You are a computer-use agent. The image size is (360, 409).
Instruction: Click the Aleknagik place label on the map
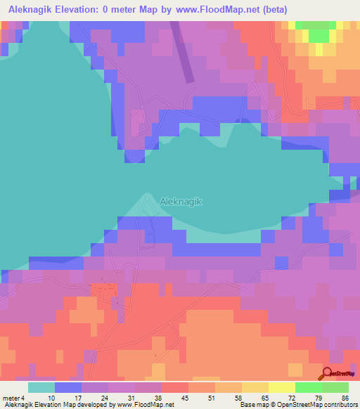click(181, 201)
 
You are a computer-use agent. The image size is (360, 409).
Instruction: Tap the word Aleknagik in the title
click(32, 8)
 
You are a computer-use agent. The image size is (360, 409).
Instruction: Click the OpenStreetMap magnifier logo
click(328, 375)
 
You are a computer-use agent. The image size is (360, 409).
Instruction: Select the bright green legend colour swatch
click(308, 387)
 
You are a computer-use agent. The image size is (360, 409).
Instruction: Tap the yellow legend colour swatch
click(281, 387)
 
